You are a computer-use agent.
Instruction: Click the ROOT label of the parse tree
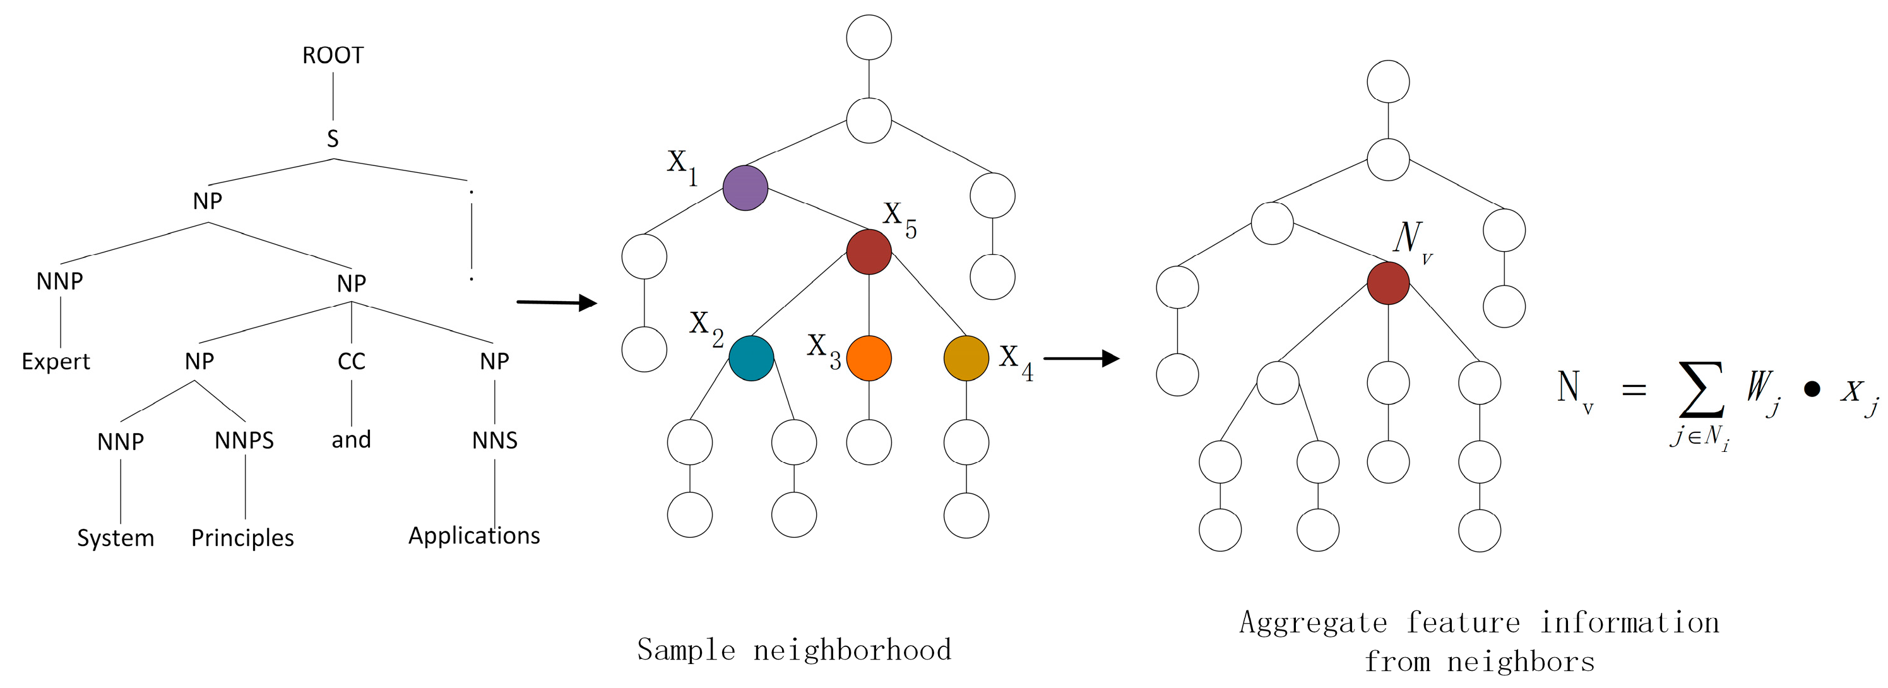pos(333,56)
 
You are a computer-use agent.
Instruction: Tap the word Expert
pos(56,361)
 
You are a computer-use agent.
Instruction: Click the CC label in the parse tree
pos(351,361)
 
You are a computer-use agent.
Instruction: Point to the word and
pos(351,439)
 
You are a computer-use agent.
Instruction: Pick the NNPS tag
pos(244,441)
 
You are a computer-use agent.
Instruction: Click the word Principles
pos(242,538)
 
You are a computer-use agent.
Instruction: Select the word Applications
pos(474,536)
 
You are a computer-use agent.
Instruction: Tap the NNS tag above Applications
pos(495,441)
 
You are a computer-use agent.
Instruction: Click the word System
pos(116,538)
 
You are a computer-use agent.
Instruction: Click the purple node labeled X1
pos(745,188)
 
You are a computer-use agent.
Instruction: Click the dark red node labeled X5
pos(869,251)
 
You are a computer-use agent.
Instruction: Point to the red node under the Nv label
pos(1388,283)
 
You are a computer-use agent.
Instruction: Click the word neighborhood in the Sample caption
pos(852,650)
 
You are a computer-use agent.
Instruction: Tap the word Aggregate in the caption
pos(1314,623)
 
